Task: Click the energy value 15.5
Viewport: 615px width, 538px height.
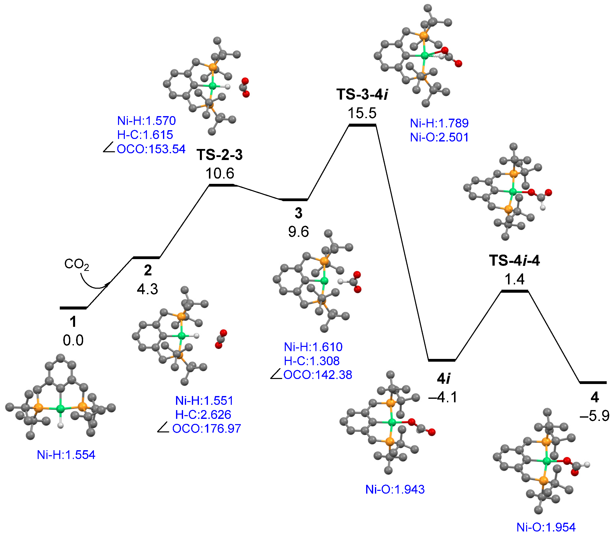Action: click(362, 113)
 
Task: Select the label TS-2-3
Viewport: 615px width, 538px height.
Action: click(220, 155)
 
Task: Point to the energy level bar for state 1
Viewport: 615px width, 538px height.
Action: click(73, 308)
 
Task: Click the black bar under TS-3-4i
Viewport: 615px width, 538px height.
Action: click(362, 125)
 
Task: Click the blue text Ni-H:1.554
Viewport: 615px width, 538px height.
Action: click(66, 455)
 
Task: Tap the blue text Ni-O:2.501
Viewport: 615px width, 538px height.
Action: click(439, 137)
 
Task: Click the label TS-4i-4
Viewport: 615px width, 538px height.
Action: click(514, 260)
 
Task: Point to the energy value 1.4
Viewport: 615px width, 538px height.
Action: click(514, 279)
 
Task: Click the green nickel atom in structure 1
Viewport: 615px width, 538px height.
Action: click(61, 408)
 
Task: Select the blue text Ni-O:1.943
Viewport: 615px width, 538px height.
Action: click(395, 489)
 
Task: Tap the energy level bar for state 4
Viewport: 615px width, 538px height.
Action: click(593, 382)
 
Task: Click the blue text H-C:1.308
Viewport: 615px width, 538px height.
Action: click(312, 361)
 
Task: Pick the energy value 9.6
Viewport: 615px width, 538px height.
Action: click(299, 232)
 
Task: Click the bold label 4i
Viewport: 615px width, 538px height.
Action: click(443, 379)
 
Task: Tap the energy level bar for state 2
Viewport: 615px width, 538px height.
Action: click(146, 258)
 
